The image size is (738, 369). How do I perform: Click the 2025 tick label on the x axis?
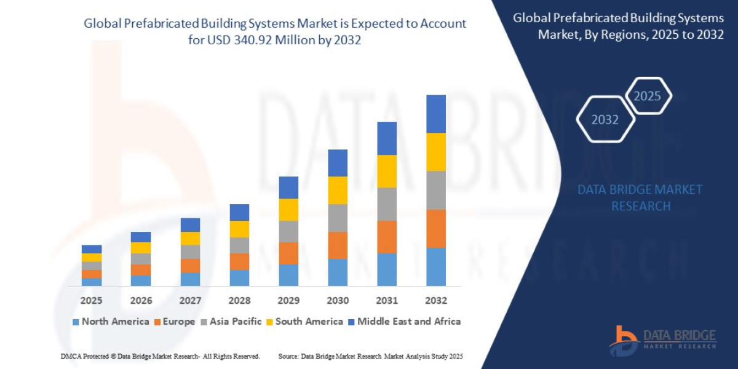pos(91,301)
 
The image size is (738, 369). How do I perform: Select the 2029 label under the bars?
pos(288,301)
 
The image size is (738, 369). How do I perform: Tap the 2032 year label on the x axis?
pos(435,301)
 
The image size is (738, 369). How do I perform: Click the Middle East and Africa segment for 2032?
pos(435,114)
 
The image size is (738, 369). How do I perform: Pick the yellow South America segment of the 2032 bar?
pos(435,152)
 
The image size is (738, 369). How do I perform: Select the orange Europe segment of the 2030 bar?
pos(338,245)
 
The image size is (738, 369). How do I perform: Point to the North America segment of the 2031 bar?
pos(387,269)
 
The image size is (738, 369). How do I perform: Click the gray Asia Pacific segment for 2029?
pos(288,231)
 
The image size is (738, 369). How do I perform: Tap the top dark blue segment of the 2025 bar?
pos(92,249)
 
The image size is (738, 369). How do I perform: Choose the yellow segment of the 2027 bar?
pos(190,239)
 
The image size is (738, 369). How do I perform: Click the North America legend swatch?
pos(76,322)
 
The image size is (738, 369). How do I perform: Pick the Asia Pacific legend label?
pos(236,322)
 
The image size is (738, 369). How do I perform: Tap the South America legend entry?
pos(309,322)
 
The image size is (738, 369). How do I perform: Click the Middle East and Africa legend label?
pos(409,322)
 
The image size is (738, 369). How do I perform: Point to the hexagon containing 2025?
pos(648,96)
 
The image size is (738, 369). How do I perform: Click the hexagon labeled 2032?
pos(605,119)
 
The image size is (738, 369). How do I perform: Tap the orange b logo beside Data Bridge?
pos(624,340)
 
